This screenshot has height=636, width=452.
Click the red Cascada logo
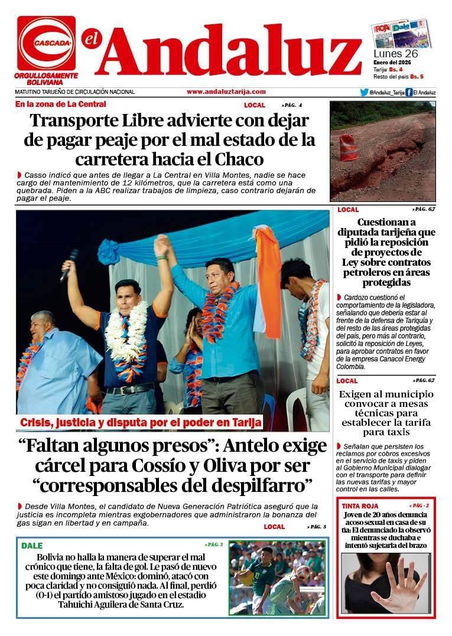coord(46,43)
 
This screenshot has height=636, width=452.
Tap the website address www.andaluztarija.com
coord(226,92)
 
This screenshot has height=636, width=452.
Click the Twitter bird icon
coord(364,92)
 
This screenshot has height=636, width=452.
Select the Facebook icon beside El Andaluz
coord(409,92)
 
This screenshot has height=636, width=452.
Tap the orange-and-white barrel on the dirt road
coord(349,148)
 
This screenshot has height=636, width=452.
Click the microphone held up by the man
coord(70,263)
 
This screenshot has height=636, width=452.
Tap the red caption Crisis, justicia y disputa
coord(141,423)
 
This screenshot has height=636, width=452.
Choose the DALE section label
coord(32,546)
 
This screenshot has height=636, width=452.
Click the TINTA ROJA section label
coord(360,506)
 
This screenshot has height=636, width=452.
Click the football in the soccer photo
coord(302,572)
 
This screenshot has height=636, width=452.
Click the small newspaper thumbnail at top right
coord(401,34)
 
